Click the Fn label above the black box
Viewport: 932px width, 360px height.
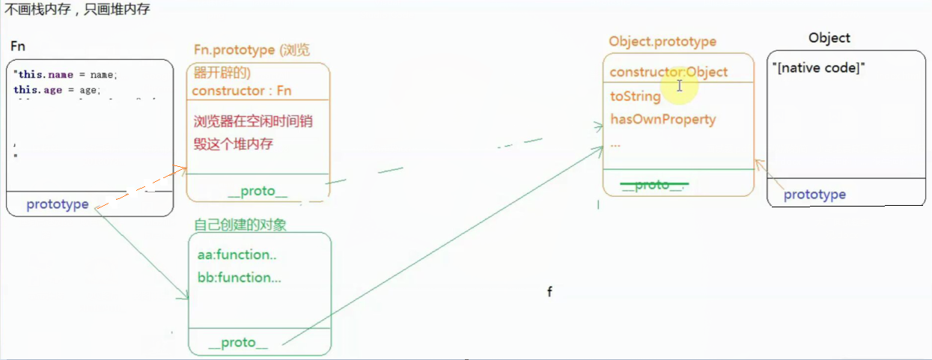coord(18,47)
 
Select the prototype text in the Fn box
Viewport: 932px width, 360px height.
coord(58,204)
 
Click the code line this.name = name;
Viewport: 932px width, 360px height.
coord(66,75)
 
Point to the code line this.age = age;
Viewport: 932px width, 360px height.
coord(57,90)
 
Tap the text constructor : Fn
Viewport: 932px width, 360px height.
coord(242,91)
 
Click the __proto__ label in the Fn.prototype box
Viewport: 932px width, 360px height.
coord(258,192)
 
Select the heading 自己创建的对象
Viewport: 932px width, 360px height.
coord(240,225)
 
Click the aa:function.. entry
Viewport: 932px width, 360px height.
coord(237,254)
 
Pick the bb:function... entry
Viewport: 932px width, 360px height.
coord(240,278)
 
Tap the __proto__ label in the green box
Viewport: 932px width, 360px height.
coord(238,343)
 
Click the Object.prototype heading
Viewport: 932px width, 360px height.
coord(663,42)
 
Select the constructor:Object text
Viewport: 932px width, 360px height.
coord(668,73)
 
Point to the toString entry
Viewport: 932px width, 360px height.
coord(636,97)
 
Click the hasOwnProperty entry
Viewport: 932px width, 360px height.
coord(663,119)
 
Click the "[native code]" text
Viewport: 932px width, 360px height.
coord(818,68)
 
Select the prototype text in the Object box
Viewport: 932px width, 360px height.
coord(814,195)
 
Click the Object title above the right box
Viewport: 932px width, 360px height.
coord(829,38)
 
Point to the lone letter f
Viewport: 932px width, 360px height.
coord(549,292)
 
